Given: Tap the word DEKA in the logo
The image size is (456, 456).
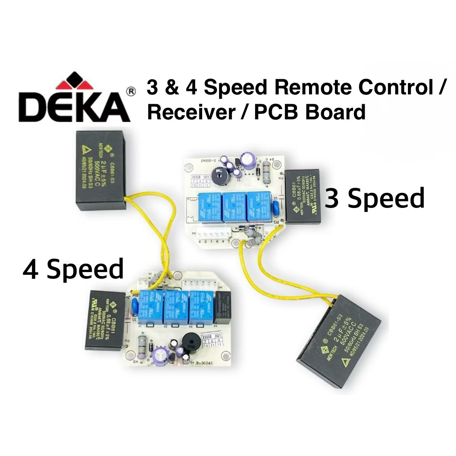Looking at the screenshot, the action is pyautogui.click(x=73, y=107).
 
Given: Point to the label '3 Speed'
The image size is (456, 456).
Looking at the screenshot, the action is pyautogui.click(x=375, y=199).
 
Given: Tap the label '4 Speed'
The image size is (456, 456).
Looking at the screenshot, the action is pyautogui.click(x=73, y=269).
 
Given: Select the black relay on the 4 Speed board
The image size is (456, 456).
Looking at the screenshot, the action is pyautogui.click(x=223, y=308).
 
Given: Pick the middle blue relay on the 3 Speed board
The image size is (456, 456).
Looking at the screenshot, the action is pyautogui.click(x=235, y=206).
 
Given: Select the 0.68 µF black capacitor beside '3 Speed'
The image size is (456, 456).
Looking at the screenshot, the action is pyautogui.click(x=303, y=196).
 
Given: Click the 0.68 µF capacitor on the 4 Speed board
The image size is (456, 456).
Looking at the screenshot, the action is pyautogui.click(x=105, y=319).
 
